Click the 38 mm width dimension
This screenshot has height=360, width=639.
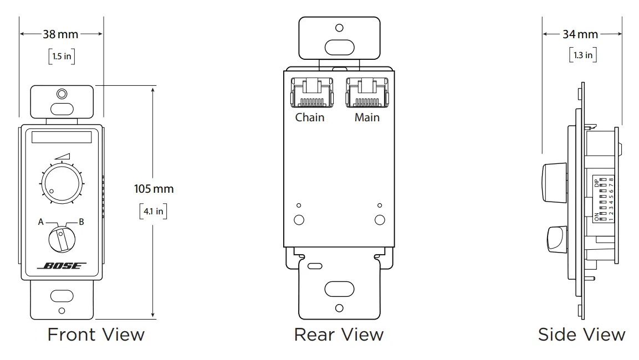[61, 34]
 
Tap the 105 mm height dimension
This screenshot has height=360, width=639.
[154, 189]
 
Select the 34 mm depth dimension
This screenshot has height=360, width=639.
[580, 34]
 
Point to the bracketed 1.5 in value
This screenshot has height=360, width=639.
[61, 56]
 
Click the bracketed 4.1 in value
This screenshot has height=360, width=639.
[153, 211]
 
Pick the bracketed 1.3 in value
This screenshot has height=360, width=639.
[582, 55]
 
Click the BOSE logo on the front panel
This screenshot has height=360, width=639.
[62, 266]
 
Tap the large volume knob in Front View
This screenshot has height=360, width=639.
[60, 183]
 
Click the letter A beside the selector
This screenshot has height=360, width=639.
[40, 222]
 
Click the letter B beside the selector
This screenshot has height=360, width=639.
[81, 222]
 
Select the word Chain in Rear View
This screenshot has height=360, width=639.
[310, 117]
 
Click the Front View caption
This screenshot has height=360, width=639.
[96, 335]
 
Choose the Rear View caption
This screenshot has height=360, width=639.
[339, 335]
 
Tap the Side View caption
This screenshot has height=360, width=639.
[581, 335]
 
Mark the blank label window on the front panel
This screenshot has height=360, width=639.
[61, 138]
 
